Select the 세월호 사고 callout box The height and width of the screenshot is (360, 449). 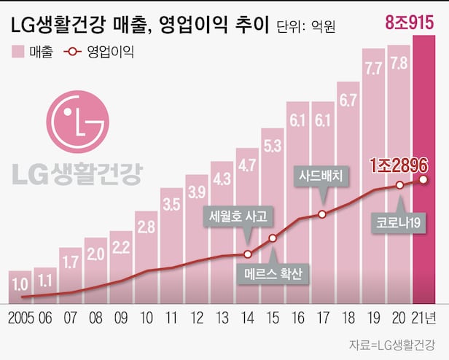click(239, 217)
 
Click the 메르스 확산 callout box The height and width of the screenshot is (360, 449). click(273, 274)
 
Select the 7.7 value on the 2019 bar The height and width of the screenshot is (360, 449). click(373, 70)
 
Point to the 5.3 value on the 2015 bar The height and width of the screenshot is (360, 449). click(272, 145)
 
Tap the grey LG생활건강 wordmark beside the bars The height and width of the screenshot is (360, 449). click(77, 173)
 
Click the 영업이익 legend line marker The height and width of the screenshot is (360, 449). click(71, 52)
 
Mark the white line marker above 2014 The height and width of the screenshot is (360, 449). click(247, 254)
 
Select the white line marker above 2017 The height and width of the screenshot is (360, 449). click(321, 214)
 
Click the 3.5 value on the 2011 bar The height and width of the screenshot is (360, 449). click(171, 204)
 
